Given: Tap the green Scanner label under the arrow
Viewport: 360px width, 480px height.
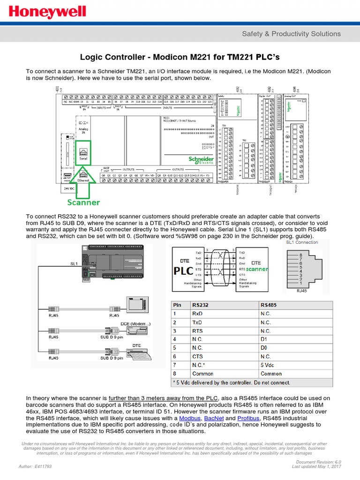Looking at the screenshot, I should (x=83, y=202).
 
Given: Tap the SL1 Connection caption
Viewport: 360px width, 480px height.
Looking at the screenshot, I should (x=302, y=242).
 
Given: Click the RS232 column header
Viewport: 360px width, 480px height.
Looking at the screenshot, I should (x=202, y=305).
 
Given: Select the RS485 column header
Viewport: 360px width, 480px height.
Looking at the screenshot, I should (x=269, y=305).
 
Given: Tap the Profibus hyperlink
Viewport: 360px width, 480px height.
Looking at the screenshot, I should (x=249, y=418).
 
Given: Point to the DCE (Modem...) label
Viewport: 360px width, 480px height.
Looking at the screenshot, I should (x=136, y=324).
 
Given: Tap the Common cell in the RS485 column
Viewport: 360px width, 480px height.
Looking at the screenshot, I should (x=271, y=374).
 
